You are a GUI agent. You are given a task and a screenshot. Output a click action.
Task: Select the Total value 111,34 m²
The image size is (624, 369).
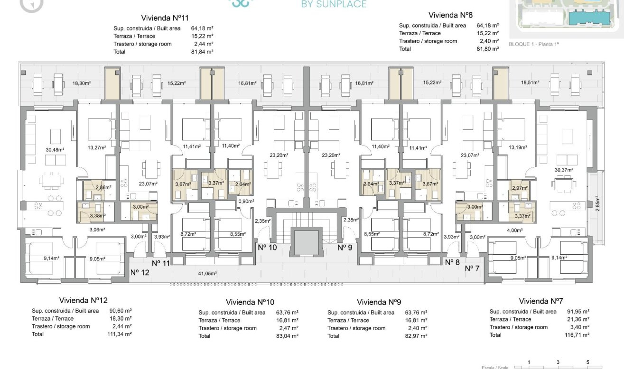tap(120, 334)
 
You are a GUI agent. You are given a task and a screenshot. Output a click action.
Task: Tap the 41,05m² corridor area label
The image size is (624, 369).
tap(207, 274)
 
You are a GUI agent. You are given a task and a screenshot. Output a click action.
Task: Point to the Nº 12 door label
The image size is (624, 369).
tap(140, 273)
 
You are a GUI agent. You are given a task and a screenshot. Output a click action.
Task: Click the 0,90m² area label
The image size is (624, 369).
tap(244, 201)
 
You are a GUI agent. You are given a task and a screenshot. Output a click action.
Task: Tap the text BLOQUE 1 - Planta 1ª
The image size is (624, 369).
tap(534, 44)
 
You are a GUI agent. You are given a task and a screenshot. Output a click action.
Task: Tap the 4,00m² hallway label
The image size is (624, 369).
tap(515, 231)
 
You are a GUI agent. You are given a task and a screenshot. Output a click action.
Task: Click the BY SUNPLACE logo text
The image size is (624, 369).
tap(334, 5)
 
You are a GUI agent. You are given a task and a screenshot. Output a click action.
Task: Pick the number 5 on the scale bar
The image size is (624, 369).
tap(587, 362)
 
